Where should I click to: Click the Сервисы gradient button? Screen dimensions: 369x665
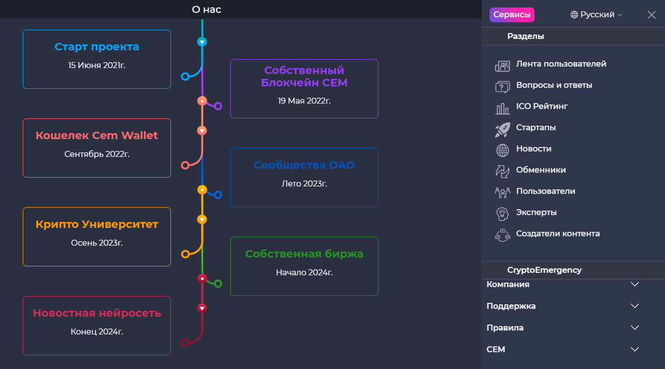point(512,15)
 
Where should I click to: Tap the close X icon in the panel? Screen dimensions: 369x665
point(652,15)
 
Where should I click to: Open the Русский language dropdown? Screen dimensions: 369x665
point(596,15)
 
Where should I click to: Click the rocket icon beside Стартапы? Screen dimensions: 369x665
point(502,130)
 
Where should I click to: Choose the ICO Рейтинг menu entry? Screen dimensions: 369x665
point(541,107)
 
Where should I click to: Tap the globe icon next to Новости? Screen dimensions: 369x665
point(502,150)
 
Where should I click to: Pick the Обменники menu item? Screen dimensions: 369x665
point(540,170)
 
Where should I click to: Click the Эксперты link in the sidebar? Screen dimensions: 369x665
point(536,213)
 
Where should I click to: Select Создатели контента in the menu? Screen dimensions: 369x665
point(557,234)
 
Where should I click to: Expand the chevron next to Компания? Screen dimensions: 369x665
point(635,284)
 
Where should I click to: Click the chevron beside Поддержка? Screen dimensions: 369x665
point(635,306)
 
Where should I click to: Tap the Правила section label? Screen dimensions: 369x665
point(505,328)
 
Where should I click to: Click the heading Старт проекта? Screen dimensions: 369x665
point(97,47)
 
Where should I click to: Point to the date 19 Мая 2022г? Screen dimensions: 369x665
point(304,101)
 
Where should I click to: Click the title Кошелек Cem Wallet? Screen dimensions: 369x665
point(97,136)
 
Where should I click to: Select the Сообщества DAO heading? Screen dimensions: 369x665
point(304,165)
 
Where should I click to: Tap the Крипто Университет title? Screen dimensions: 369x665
point(97,224)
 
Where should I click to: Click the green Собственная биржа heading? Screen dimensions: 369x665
point(304,254)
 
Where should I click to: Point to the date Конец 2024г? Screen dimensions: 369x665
point(97,332)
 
